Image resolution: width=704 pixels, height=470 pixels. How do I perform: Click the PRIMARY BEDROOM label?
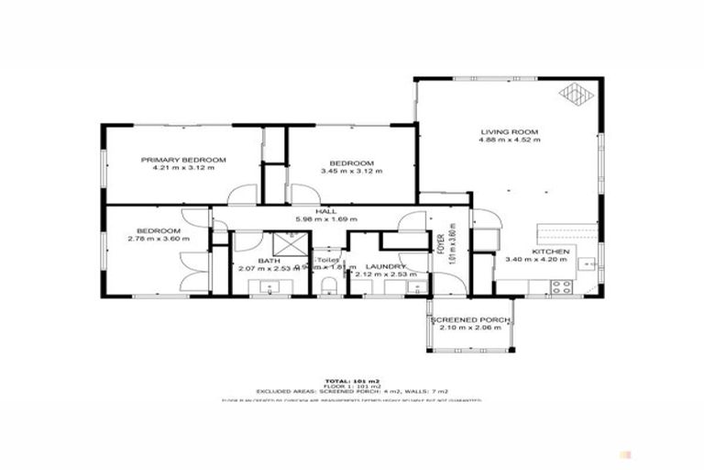(x=183, y=160)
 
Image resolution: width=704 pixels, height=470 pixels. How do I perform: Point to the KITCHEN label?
(x=550, y=252)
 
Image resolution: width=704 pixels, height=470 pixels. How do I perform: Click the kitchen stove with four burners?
(x=561, y=286)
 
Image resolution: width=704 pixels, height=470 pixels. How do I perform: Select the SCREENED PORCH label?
(x=470, y=319)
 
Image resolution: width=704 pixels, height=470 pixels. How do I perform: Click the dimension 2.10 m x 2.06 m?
(x=470, y=328)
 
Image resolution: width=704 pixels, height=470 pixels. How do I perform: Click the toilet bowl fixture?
(x=332, y=287)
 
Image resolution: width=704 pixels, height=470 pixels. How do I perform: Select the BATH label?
(x=268, y=261)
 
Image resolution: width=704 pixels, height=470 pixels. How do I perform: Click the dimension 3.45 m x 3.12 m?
(x=351, y=171)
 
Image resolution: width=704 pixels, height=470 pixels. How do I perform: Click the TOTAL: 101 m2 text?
(x=351, y=380)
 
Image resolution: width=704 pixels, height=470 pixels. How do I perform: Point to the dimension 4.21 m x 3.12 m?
(x=183, y=169)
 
